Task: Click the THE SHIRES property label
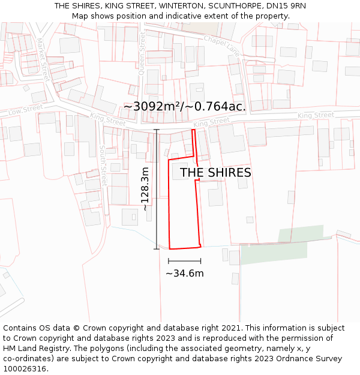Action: (215, 173)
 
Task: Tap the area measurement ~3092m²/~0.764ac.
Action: (184, 106)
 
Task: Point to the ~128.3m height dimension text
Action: (145, 189)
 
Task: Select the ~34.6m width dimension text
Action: (185, 274)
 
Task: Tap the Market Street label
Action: (43, 59)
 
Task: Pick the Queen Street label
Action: (142, 54)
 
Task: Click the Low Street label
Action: (26, 109)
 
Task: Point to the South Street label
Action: (102, 166)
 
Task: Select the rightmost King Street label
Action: (316, 115)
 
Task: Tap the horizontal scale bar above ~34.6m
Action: (185, 261)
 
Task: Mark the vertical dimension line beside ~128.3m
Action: (157, 189)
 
